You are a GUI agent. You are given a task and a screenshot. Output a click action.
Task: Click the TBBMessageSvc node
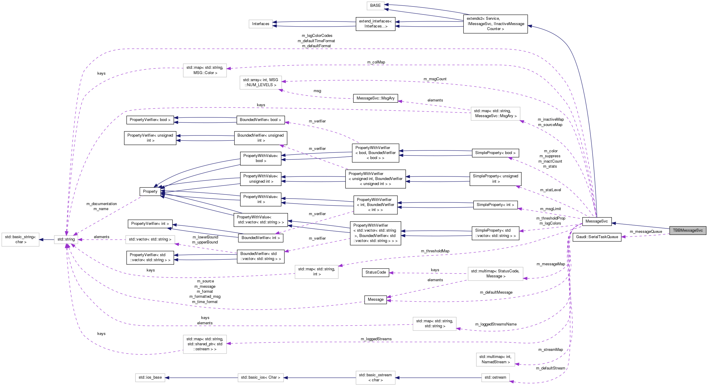point(688,230)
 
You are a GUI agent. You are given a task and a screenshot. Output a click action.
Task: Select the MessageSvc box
point(596,221)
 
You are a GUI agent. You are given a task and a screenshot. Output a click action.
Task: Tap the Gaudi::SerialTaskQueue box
point(597,237)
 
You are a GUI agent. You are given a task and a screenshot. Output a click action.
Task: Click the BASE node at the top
point(375,6)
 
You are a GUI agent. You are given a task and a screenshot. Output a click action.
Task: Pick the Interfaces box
point(260,24)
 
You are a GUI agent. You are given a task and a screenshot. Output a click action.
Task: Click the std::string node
point(66,239)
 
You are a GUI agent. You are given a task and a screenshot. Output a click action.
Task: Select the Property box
point(150,192)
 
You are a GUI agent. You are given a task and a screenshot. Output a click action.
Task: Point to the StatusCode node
point(375,272)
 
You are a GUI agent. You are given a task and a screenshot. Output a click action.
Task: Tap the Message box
point(375,300)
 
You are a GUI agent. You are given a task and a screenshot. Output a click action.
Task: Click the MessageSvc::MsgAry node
point(375,98)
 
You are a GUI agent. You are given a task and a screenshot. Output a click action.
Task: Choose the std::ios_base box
point(150,377)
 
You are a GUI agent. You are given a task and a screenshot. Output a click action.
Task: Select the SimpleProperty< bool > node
point(495,153)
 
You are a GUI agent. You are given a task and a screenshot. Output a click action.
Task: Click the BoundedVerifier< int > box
point(260,238)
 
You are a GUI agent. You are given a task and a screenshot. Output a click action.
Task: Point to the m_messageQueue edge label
point(646,232)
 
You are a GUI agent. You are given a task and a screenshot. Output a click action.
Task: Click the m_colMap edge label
point(376,62)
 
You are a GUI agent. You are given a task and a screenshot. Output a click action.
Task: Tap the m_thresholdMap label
point(435,251)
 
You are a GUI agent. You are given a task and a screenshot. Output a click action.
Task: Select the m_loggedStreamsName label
point(496,324)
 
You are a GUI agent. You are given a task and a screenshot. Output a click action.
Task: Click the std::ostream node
point(495,377)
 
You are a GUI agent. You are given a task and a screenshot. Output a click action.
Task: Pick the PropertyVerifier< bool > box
point(150,120)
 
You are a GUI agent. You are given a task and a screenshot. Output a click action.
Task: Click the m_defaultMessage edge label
point(496,292)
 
